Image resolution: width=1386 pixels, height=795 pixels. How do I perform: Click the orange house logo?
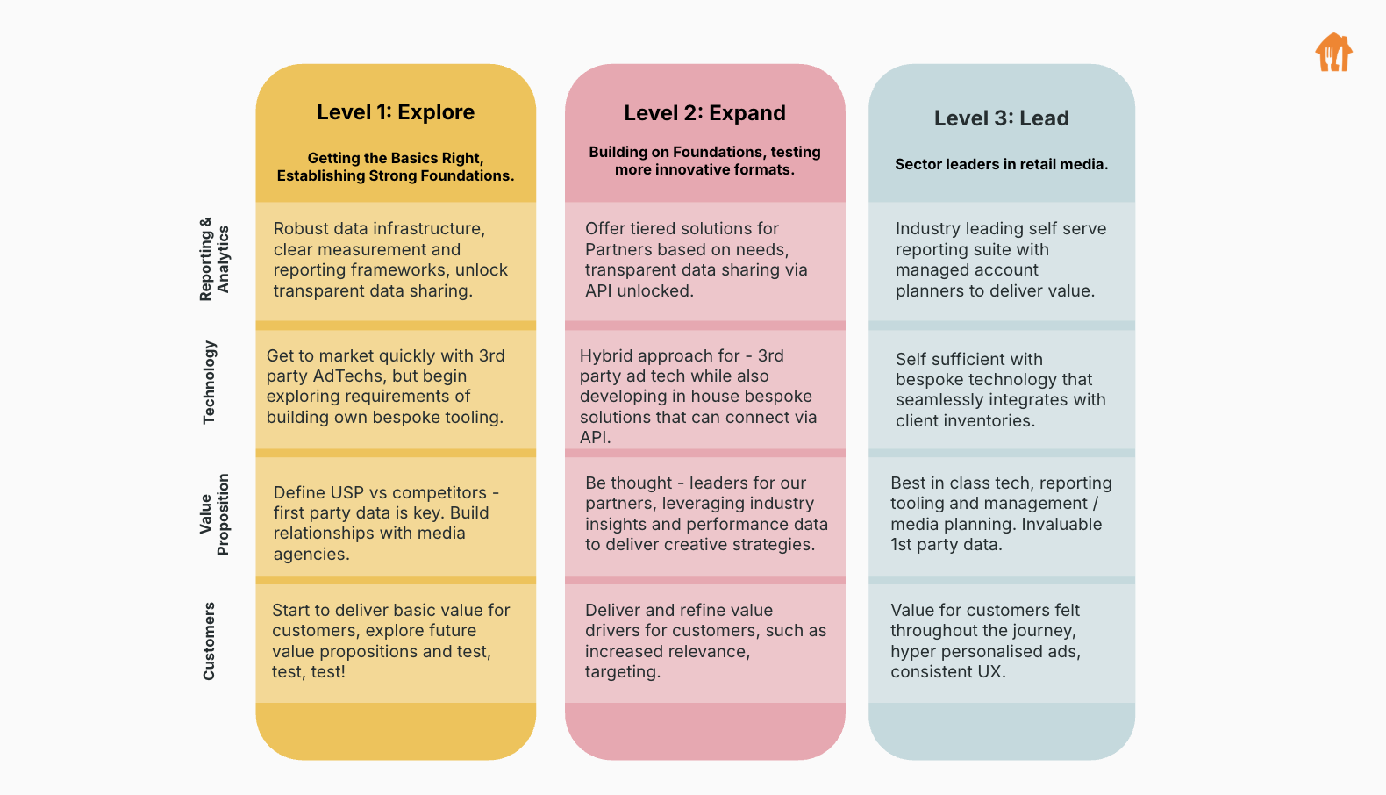click(1333, 52)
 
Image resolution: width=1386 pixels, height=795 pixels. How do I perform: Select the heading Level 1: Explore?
click(396, 112)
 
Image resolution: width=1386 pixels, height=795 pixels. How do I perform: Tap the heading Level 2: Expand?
click(704, 112)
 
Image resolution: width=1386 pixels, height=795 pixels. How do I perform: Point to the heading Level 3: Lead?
click(1001, 118)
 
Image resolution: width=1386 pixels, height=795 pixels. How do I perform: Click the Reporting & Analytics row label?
click(214, 260)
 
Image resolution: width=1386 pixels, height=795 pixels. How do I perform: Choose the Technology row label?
click(209, 382)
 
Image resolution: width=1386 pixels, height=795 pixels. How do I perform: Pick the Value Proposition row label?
click(214, 514)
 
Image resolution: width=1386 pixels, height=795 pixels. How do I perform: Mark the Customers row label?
click(209, 641)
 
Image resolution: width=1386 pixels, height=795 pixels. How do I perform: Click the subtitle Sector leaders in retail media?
click(1001, 164)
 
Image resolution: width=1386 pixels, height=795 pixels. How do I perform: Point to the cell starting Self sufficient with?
click(1001, 390)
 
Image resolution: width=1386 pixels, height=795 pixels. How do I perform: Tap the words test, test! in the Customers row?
click(308, 672)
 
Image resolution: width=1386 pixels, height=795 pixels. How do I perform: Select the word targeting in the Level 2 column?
click(623, 672)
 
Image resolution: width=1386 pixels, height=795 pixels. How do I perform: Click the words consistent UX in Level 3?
click(948, 672)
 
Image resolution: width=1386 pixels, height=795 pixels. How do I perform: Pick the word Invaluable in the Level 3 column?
click(1061, 524)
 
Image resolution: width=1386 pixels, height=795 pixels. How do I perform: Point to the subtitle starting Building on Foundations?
click(704, 161)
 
